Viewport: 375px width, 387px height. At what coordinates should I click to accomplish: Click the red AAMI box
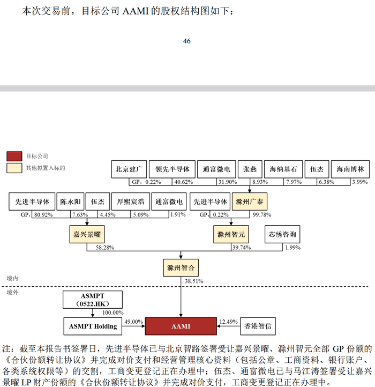pos(181,326)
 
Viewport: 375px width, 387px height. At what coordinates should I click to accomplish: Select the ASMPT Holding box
pos(93,326)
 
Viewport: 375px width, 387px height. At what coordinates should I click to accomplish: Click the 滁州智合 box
pos(181,267)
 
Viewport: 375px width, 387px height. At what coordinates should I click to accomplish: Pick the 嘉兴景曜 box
pos(87,234)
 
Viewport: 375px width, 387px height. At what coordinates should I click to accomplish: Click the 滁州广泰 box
pos(250,202)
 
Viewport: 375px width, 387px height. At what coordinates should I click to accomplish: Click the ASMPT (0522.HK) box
pos(93,300)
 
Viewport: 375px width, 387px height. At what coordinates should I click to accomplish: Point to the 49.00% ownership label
pos(133,322)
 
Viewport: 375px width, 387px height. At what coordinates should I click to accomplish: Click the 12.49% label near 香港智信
pos(228,322)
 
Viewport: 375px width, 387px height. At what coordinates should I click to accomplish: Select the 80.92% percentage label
pos(43,215)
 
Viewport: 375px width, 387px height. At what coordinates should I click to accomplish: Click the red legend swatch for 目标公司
pos(14,156)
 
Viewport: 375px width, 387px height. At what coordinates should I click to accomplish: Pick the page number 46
pos(186,41)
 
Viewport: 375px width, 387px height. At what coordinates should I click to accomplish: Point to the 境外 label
pos(12,293)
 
